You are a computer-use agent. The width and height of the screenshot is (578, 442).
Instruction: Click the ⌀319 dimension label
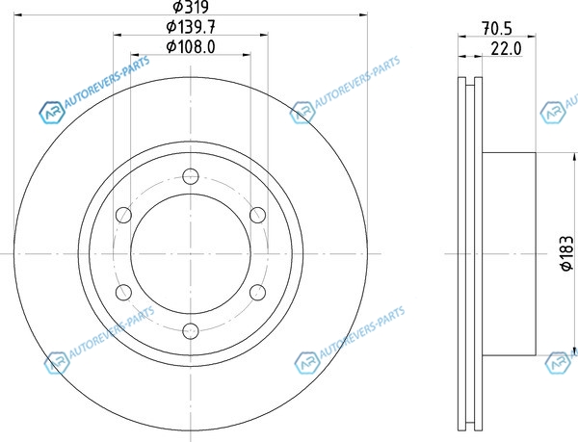pos(191,7)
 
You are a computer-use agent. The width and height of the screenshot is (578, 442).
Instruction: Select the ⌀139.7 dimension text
pos(191,27)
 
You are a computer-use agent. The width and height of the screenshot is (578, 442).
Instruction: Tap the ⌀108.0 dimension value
pos(191,47)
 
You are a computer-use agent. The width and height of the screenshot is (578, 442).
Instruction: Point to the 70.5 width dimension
pos(497,29)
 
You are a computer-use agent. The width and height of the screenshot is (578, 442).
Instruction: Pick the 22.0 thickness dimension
pos(507,48)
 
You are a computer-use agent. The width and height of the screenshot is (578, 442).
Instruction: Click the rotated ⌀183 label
pos(567,253)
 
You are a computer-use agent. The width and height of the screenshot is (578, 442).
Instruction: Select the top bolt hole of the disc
pos(191,176)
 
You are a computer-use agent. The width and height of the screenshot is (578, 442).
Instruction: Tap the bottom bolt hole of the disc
pos(191,330)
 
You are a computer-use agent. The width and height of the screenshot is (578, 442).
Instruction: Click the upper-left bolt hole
pos(123,215)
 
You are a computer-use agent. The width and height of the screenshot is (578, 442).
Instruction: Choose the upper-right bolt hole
pos(257,215)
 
